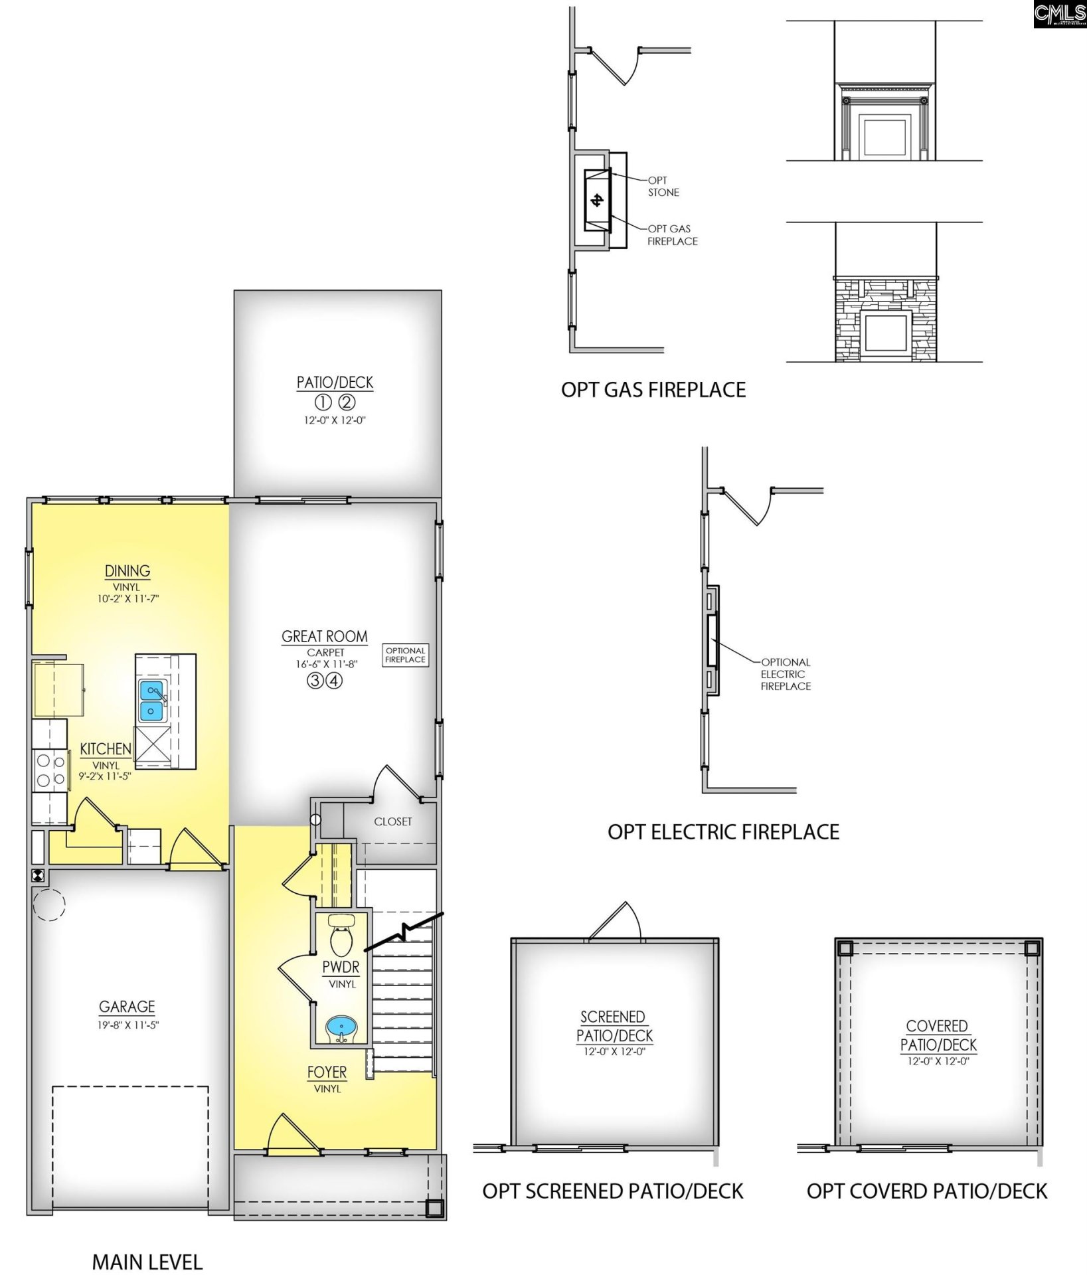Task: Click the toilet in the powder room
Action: [x=342, y=937]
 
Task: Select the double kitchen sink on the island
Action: [x=152, y=701]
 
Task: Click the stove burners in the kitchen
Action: [x=50, y=770]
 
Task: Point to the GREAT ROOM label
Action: [x=325, y=636]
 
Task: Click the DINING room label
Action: [x=127, y=570]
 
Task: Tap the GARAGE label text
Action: [x=127, y=1007]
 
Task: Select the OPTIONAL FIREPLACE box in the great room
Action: [x=405, y=655]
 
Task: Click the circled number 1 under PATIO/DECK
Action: [x=323, y=402]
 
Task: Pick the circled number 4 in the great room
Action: [x=335, y=681]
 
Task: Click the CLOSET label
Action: [x=393, y=821]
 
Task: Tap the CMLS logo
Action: [x=1060, y=13]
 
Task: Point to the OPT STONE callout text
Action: [x=663, y=186]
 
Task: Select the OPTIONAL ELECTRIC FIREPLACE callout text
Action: [x=786, y=674]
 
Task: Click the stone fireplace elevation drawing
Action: [x=886, y=319]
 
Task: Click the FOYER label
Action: [x=327, y=1072]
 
